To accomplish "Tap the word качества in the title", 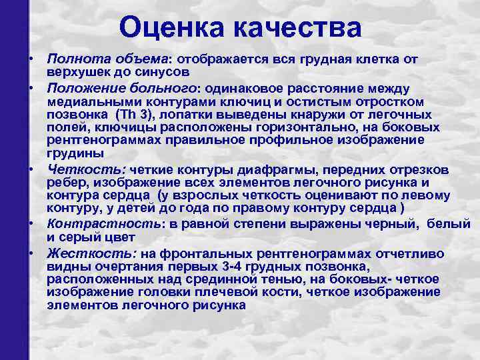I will coord(297,27).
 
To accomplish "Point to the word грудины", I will coord(70,152).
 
